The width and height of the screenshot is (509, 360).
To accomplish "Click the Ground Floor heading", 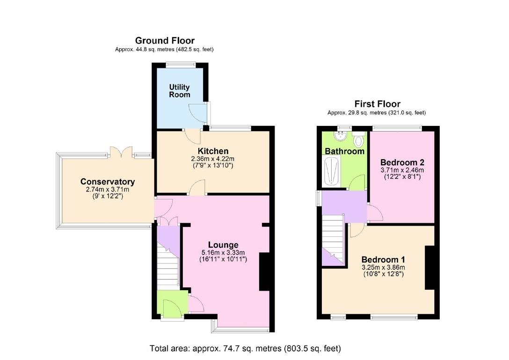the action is tap(165, 41).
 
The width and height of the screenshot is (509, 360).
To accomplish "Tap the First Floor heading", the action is tap(377, 104).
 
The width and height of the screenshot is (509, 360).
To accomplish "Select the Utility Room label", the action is tap(180, 91).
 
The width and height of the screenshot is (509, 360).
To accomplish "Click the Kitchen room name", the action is tap(213, 151).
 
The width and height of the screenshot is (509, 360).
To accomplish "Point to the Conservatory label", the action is tap(108, 182).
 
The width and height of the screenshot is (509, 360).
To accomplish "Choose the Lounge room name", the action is tap(223, 245).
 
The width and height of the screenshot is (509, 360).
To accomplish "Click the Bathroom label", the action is tap(345, 151).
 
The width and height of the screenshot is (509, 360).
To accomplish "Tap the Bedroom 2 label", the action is tap(402, 162).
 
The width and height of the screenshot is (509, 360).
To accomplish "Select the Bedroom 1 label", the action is tap(383, 260).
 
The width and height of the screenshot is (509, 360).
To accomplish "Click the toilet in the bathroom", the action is tap(358, 140).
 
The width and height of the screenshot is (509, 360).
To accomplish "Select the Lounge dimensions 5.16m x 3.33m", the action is tap(223, 252).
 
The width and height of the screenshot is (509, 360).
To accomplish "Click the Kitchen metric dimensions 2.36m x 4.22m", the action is tap(212, 159).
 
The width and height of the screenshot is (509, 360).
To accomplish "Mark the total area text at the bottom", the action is tap(245, 349).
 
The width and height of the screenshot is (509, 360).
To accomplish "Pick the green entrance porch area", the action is tap(172, 304).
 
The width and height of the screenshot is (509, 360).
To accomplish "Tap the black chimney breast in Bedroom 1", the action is tap(430, 268).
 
